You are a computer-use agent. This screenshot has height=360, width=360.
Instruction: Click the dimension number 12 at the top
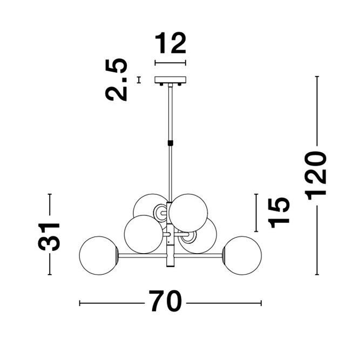coord(171,43)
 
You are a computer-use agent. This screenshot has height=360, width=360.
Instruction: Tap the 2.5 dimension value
coord(116,80)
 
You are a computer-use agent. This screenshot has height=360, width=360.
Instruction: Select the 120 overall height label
coord(315,175)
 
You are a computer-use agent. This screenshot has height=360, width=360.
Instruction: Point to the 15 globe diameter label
coord(279,212)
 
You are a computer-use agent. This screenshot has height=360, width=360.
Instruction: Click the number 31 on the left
coord(49,236)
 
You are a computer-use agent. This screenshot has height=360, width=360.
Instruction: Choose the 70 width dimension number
coord(165,301)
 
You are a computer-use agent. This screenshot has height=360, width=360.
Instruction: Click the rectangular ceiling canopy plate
coord(170,80)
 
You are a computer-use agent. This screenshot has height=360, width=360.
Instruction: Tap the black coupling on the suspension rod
coord(171,143)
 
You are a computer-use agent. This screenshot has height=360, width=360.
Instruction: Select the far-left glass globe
coord(99,255)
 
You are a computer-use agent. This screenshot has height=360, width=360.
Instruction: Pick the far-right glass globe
coord(242,255)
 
